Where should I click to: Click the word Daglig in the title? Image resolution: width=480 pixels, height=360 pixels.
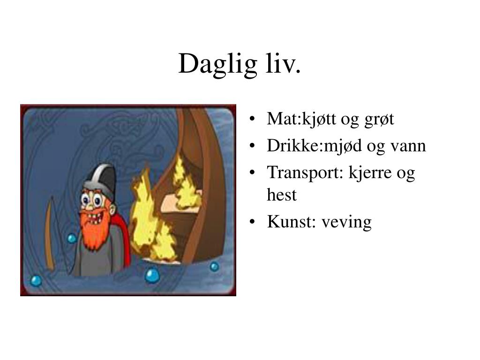click(x=217, y=64)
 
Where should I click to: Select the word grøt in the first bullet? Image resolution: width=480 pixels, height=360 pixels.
click(x=379, y=120)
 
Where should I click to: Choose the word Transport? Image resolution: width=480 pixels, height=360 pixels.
click(x=304, y=173)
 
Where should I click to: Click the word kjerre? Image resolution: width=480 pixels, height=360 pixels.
click(x=370, y=173)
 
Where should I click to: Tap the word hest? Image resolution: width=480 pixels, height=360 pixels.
click(x=282, y=195)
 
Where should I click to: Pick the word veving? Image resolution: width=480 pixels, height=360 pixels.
click(x=346, y=223)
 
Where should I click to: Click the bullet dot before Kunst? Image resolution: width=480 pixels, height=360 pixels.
click(x=252, y=221)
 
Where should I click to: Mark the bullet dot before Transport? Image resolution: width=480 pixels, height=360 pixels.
click(x=252, y=172)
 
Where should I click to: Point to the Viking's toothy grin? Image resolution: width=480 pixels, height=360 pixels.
click(x=94, y=218)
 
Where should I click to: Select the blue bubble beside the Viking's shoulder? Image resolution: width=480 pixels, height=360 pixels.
click(x=72, y=238)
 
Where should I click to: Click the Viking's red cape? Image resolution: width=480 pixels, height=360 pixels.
click(x=122, y=236)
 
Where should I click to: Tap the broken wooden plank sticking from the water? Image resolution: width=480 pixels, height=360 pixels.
click(x=51, y=232)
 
